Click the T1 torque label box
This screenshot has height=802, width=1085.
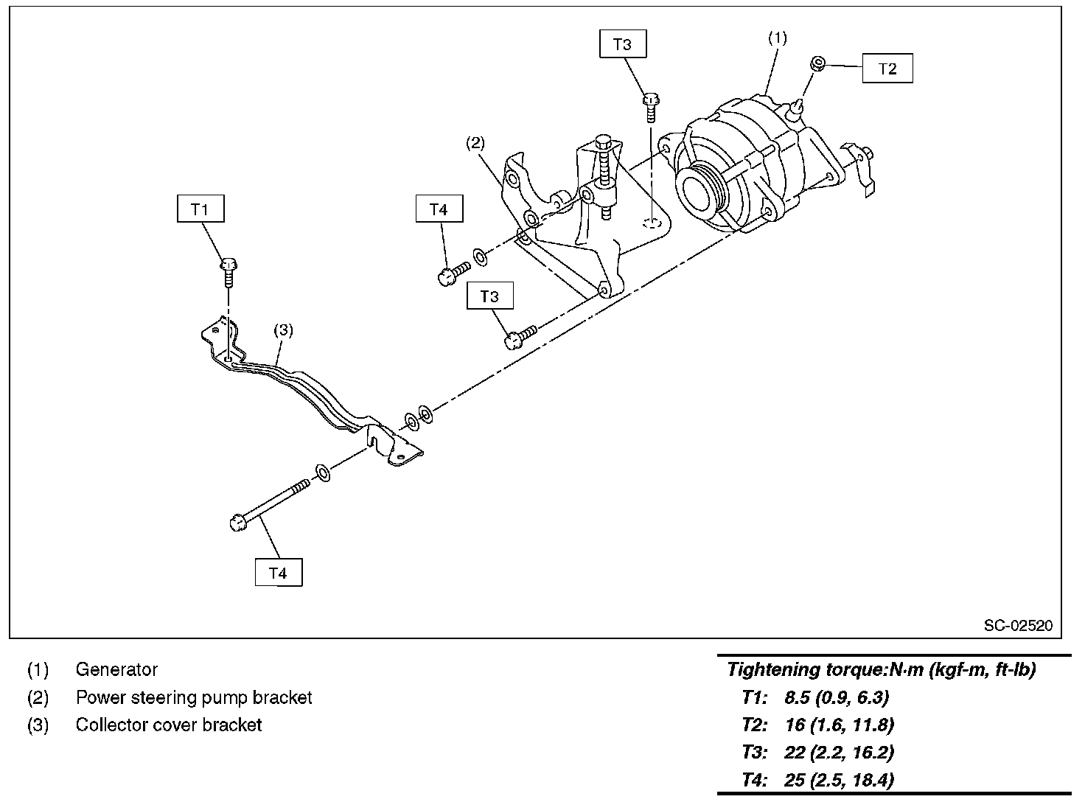pos(200,209)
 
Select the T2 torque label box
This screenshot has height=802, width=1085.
pos(887,69)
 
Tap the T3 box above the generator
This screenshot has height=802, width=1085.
pos(623,44)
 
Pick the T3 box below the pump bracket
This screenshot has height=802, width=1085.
pos(489,296)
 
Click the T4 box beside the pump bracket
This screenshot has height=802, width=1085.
pos(439,209)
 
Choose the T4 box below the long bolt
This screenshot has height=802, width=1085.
pos(279,573)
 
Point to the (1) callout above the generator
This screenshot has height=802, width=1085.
pos(778,38)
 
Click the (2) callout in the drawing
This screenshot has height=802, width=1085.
pos(475,143)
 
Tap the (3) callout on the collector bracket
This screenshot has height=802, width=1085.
pos(283,330)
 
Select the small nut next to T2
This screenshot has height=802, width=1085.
pos(818,63)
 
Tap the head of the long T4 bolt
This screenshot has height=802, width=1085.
pos(238,522)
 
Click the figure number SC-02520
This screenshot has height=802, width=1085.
pos(1018,625)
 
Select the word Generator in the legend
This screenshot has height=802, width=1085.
pos(116,669)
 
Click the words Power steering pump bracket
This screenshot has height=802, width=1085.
pos(194,697)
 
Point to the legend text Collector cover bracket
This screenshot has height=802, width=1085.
pos(169,725)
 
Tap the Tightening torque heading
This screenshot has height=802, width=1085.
pos(881,669)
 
